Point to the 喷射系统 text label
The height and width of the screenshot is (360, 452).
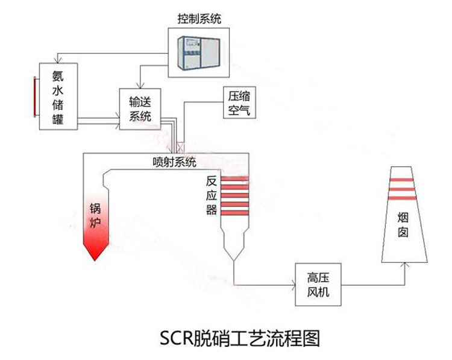pos(174,162)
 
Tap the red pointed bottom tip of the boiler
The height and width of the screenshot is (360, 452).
pos(93,256)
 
